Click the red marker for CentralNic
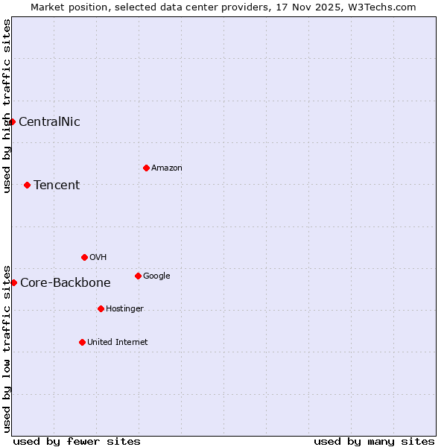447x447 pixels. click(x=12, y=121)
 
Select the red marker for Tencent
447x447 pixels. click(x=27, y=185)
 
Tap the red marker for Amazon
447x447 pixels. click(x=146, y=168)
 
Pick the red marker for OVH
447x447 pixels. click(x=84, y=257)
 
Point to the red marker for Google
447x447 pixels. click(x=138, y=276)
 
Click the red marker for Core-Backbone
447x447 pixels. click(x=13, y=282)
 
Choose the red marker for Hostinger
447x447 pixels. click(x=101, y=308)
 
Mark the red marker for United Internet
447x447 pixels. click(x=82, y=342)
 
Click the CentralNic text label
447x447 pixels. click(x=49, y=122)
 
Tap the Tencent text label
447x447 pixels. click(x=57, y=186)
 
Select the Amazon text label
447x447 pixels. click(x=167, y=168)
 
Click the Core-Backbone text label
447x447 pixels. click(x=66, y=283)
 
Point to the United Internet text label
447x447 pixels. click(x=118, y=343)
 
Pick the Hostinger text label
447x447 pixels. click(x=124, y=309)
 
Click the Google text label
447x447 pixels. click(x=156, y=276)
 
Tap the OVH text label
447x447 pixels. click(x=98, y=258)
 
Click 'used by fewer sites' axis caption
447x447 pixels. click(x=77, y=441)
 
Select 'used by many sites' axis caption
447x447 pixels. click(x=374, y=441)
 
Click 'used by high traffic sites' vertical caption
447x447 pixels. click(x=7, y=106)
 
